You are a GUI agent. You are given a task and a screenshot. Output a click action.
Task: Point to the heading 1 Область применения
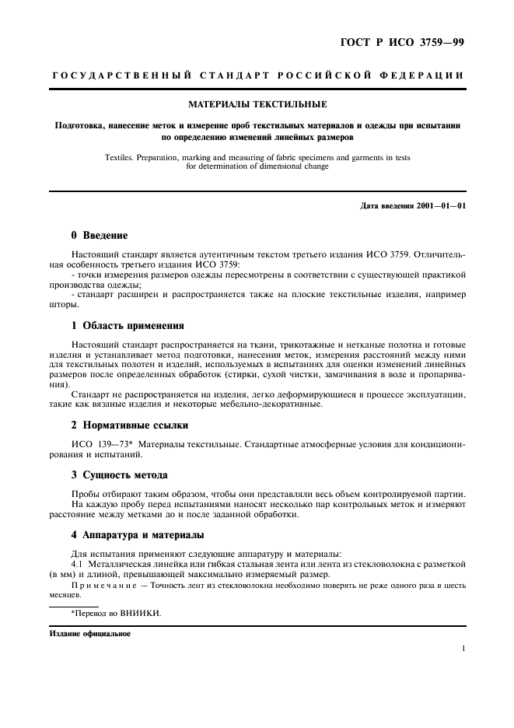(x=128, y=326)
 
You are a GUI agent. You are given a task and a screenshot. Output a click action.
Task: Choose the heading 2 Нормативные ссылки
(x=129, y=425)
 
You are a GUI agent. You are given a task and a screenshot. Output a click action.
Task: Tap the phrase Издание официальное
(x=90, y=633)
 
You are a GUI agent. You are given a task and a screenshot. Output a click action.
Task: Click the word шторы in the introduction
(x=62, y=305)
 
